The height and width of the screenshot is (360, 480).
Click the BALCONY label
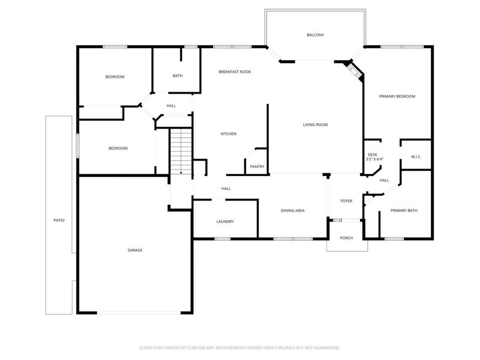point(315,35)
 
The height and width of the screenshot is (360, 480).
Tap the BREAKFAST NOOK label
point(235,71)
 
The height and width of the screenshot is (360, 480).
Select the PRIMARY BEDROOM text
point(397,97)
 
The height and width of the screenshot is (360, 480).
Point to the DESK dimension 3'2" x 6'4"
point(374,159)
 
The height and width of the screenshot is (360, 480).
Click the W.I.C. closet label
point(416,157)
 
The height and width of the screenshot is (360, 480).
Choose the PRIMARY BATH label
point(404,211)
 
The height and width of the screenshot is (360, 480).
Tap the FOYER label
point(346,201)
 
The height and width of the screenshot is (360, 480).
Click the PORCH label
point(346,238)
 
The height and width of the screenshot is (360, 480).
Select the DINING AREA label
point(292,211)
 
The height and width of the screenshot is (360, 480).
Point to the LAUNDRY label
point(225,222)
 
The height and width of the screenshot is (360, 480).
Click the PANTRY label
point(257,167)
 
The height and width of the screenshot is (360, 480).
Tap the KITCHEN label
point(228,134)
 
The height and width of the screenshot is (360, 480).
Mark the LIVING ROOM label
point(315,125)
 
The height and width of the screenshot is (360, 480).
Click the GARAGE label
point(134,250)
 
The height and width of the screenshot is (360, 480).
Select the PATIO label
point(59,220)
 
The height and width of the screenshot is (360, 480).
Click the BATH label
point(178,76)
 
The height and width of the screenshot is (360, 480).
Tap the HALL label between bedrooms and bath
point(171,106)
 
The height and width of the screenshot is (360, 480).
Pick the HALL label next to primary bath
point(384,180)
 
